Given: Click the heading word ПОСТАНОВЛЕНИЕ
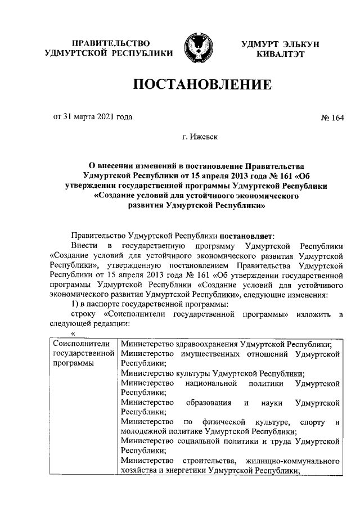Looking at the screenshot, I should click(202, 85).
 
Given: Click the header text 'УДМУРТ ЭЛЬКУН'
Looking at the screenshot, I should click(280, 45).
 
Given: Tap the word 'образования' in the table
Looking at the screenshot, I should click(210, 403).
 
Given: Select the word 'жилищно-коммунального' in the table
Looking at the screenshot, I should click(297, 461).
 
